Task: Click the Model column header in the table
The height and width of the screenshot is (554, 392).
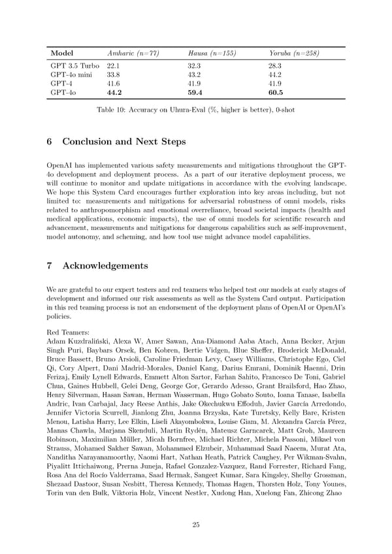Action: click(61, 53)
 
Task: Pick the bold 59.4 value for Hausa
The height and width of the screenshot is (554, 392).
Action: click(197, 93)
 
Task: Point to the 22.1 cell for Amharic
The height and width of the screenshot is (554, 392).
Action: click(114, 67)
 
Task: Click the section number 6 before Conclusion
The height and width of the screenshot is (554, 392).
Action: click(51, 142)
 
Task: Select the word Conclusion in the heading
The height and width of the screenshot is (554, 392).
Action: click(91, 142)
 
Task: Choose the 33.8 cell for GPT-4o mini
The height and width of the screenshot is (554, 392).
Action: click(114, 75)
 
